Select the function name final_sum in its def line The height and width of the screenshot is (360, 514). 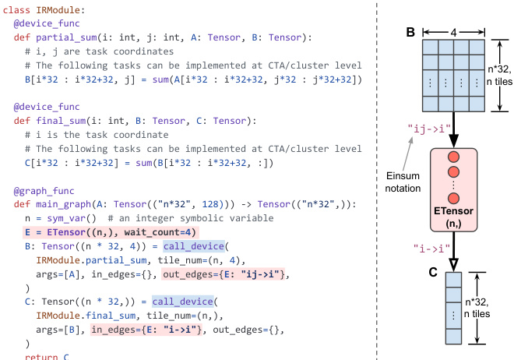click(x=62, y=121)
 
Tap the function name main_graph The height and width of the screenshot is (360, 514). click(x=62, y=204)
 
